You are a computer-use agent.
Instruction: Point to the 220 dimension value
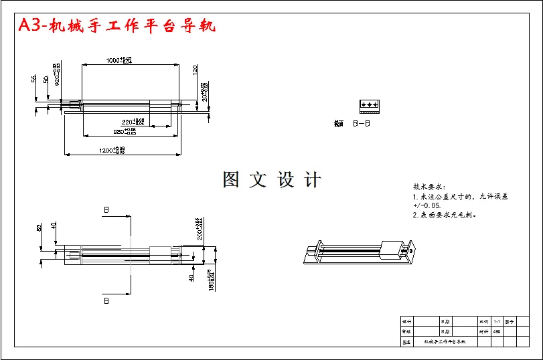(133, 122)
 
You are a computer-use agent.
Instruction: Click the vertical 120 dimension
(195, 70)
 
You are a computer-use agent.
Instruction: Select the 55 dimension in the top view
(33, 79)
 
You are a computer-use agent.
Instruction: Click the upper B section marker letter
(106, 209)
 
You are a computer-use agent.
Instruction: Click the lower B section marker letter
(106, 302)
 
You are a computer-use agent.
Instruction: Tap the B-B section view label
(362, 124)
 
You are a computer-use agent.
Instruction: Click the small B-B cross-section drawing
(368, 105)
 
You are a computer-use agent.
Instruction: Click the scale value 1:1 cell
(496, 321)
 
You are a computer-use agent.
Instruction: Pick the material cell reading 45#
(496, 331)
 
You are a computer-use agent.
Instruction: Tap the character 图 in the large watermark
(231, 179)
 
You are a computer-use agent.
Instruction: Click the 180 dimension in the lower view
(210, 280)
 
